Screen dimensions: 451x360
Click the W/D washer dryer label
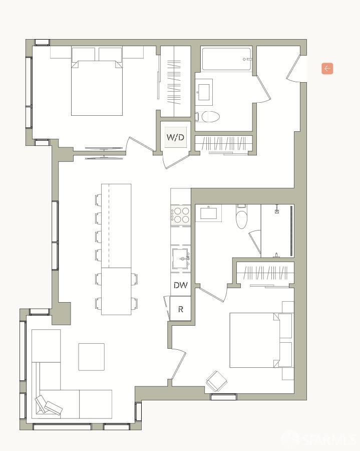[175, 137]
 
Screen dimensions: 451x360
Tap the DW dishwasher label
[180, 286]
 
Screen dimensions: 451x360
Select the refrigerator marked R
[180, 309]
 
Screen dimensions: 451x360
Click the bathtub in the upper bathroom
[226, 59]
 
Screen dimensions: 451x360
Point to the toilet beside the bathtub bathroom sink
[210, 117]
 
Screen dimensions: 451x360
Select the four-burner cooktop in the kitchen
[180, 215]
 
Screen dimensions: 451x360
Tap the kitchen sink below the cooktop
[180, 259]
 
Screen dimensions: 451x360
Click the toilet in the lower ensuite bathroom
[242, 218]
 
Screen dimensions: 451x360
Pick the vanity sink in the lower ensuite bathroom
[208, 213]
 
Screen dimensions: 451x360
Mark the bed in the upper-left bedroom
[97, 88]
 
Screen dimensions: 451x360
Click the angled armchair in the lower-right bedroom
[217, 381]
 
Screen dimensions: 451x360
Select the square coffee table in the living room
[91, 357]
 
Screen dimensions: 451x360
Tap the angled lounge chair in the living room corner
[49, 405]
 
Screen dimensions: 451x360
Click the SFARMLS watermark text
[320, 439]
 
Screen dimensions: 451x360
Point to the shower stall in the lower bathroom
[277, 231]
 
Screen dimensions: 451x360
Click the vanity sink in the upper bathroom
[204, 92]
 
